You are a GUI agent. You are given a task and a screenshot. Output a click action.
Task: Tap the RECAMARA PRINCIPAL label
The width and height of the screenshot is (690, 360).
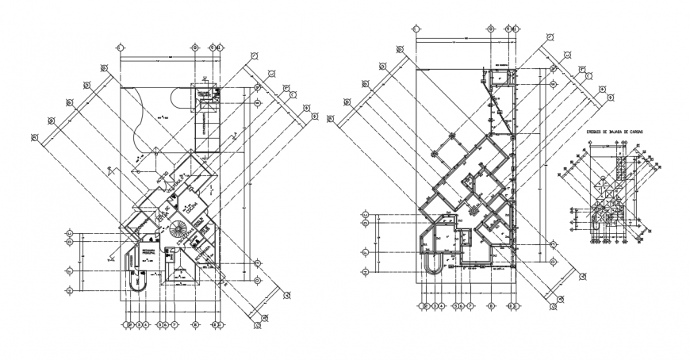148,252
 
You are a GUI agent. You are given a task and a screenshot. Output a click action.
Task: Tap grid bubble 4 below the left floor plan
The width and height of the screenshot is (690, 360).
146,324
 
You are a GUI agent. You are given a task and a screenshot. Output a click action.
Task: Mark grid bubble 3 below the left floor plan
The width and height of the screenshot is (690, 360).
139,324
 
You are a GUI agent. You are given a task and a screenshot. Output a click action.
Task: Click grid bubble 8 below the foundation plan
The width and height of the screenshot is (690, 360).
492,304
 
